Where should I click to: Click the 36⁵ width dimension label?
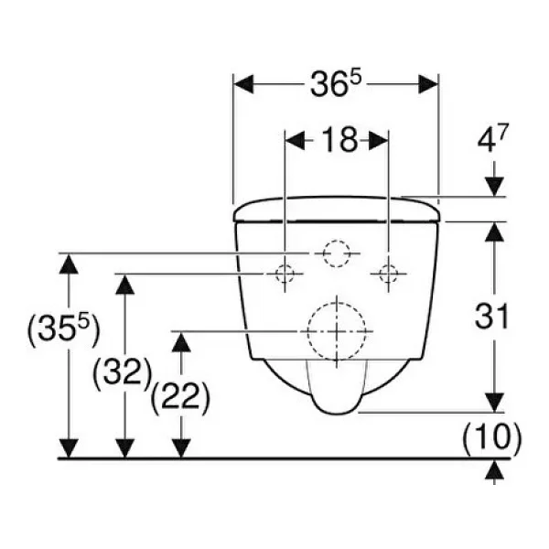tap(335, 83)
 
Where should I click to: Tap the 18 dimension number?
tap(339, 140)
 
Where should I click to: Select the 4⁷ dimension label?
tap(492, 138)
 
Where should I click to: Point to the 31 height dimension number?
tap(491, 317)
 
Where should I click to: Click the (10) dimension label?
tap(492, 437)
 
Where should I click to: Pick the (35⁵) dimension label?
tap(63, 328)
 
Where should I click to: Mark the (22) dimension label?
tap(180, 397)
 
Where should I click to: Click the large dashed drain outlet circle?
tap(337, 331)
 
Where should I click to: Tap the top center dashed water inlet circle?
tap(336, 253)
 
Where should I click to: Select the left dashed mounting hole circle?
tap(285, 274)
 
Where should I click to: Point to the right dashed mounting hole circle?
tap(388, 274)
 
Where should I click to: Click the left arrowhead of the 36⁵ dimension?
tap(243, 84)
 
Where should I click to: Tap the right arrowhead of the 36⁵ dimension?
tap(428, 84)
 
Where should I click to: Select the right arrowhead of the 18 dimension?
tap(378, 140)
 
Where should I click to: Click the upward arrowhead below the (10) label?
tap(494, 469)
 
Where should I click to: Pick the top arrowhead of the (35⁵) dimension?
tap(69, 264)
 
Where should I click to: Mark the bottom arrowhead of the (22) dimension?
tap(181, 448)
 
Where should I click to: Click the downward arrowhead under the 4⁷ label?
tap(494, 187)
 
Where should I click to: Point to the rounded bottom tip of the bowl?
tap(337, 414)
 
